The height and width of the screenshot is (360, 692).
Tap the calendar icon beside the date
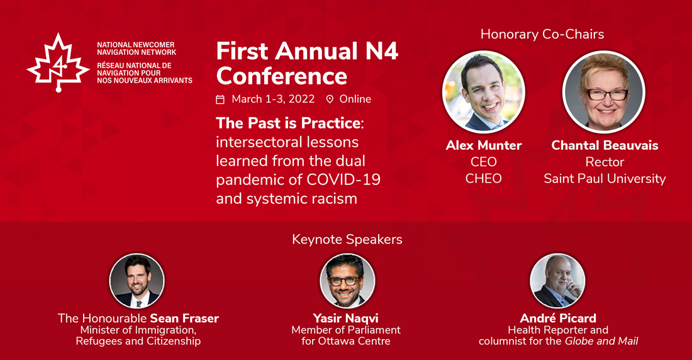click(x=220, y=99)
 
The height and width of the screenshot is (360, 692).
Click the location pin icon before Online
click(x=330, y=99)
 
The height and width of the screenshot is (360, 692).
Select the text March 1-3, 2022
click(x=273, y=99)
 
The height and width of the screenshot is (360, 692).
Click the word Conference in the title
click(x=282, y=76)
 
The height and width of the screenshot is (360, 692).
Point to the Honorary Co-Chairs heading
click(x=542, y=34)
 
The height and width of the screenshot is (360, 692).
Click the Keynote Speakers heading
click(x=347, y=239)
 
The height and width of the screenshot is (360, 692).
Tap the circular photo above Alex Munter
click(x=484, y=92)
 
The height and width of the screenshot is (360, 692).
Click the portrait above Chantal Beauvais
click(x=604, y=92)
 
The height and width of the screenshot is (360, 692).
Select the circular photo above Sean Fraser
click(x=137, y=281)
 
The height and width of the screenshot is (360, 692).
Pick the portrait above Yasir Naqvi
click(x=347, y=281)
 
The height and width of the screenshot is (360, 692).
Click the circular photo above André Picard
click(x=557, y=281)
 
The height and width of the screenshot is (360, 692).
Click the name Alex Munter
click(x=484, y=145)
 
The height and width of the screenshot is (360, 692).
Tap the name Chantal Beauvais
click(x=605, y=145)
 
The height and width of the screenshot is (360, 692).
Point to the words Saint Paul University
click(x=605, y=179)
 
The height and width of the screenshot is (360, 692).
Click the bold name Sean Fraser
click(x=184, y=318)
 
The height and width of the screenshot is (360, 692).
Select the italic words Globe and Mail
click(x=601, y=341)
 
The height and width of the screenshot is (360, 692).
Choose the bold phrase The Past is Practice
click(x=288, y=123)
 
